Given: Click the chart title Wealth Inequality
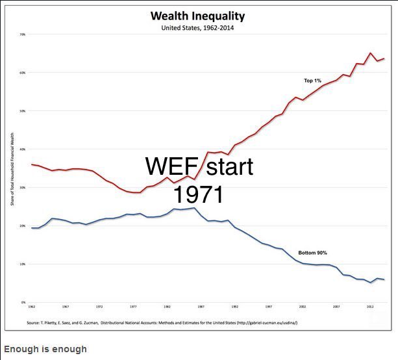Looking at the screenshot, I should tap(199, 16).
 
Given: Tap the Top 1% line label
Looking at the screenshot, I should tap(313, 81).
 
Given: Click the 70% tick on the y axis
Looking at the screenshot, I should tap(22, 34).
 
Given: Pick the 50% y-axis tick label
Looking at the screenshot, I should tap(22, 111).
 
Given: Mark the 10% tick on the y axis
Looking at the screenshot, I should tap(22, 264).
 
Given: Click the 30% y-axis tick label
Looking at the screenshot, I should tap(22, 188).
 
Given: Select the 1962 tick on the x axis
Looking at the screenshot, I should tap(31, 306).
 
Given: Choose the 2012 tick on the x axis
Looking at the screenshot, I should tap(370, 306).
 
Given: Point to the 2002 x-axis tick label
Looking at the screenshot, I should tap(303, 306).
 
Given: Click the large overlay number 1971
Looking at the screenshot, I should tap(199, 194).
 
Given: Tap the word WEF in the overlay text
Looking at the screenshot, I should tap(173, 166).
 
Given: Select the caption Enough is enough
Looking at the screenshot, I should tap(45, 349).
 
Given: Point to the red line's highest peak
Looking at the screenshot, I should tap(371, 53).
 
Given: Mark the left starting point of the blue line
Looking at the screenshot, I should tap(31, 228).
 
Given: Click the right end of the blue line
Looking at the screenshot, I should tap(384, 279).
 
